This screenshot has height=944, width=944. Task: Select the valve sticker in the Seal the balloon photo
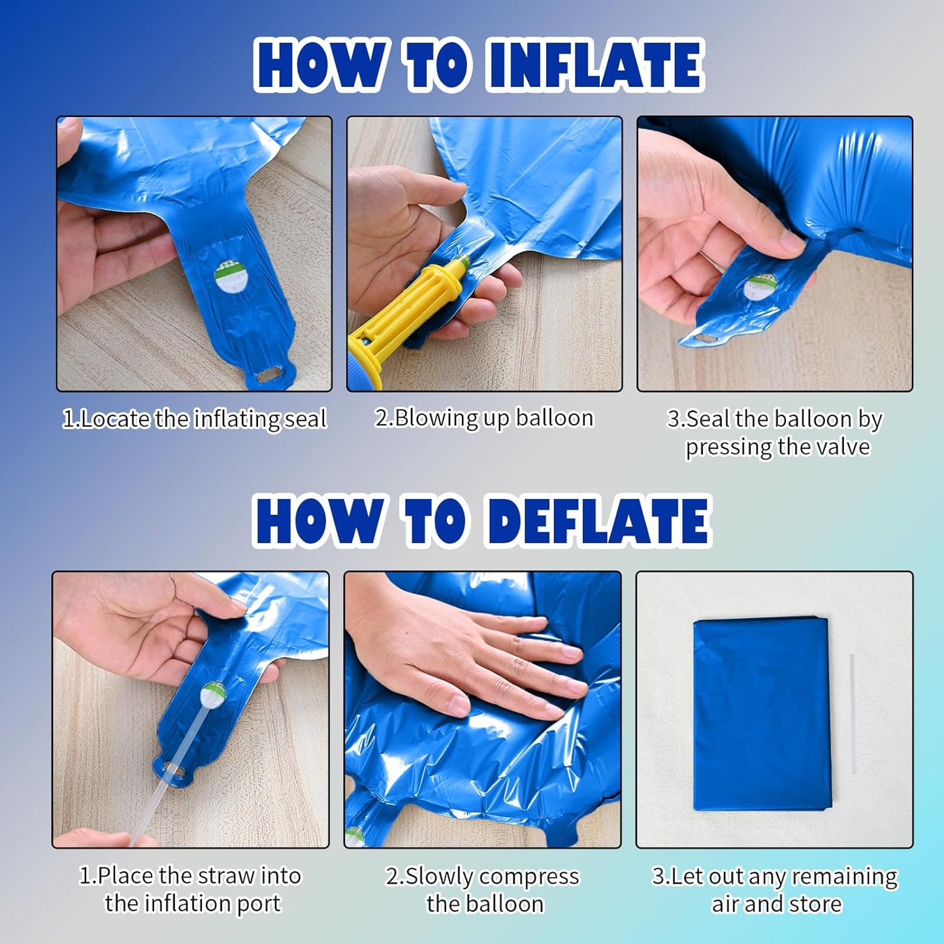pos(759,287)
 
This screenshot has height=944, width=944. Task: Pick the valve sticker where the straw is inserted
pos(213,695)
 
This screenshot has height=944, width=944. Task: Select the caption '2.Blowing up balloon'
pos(484,418)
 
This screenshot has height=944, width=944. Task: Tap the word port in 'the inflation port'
pos(259,904)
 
